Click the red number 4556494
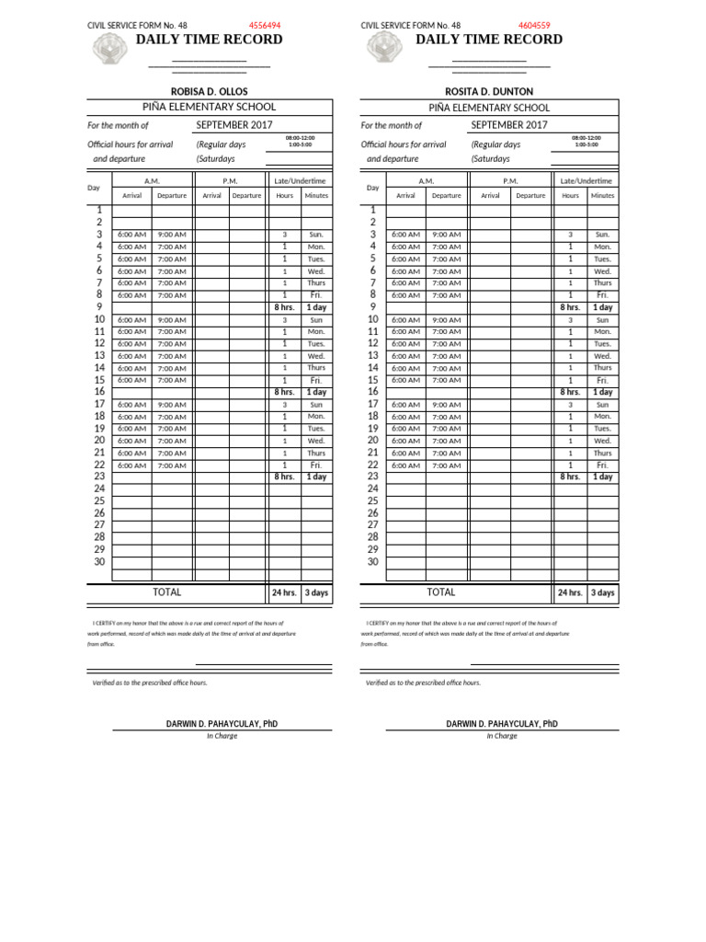pyautogui.click(x=265, y=26)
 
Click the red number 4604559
pyautogui.click(x=534, y=26)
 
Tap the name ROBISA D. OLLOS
pyautogui.click(x=210, y=92)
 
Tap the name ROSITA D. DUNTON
pyautogui.click(x=488, y=92)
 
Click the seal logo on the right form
pyautogui.click(x=384, y=48)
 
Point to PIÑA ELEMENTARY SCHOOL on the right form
pyautogui.click(x=489, y=108)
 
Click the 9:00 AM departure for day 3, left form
pyautogui.click(x=172, y=235)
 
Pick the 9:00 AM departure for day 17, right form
pyautogui.click(x=446, y=405)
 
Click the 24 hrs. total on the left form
pyautogui.click(x=284, y=593)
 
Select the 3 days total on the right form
pyautogui.click(x=602, y=593)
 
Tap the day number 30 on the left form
pyautogui.click(x=99, y=561)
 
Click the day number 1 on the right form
pyautogui.click(x=373, y=210)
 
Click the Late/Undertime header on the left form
pyautogui.click(x=301, y=181)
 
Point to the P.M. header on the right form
pyautogui.click(x=510, y=181)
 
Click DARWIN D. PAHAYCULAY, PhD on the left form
pyautogui.click(x=222, y=724)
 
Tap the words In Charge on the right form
pyautogui.click(x=503, y=736)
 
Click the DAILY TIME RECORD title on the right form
pyautogui.click(x=489, y=40)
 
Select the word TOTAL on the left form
pyautogui.click(x=167, y=592)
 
